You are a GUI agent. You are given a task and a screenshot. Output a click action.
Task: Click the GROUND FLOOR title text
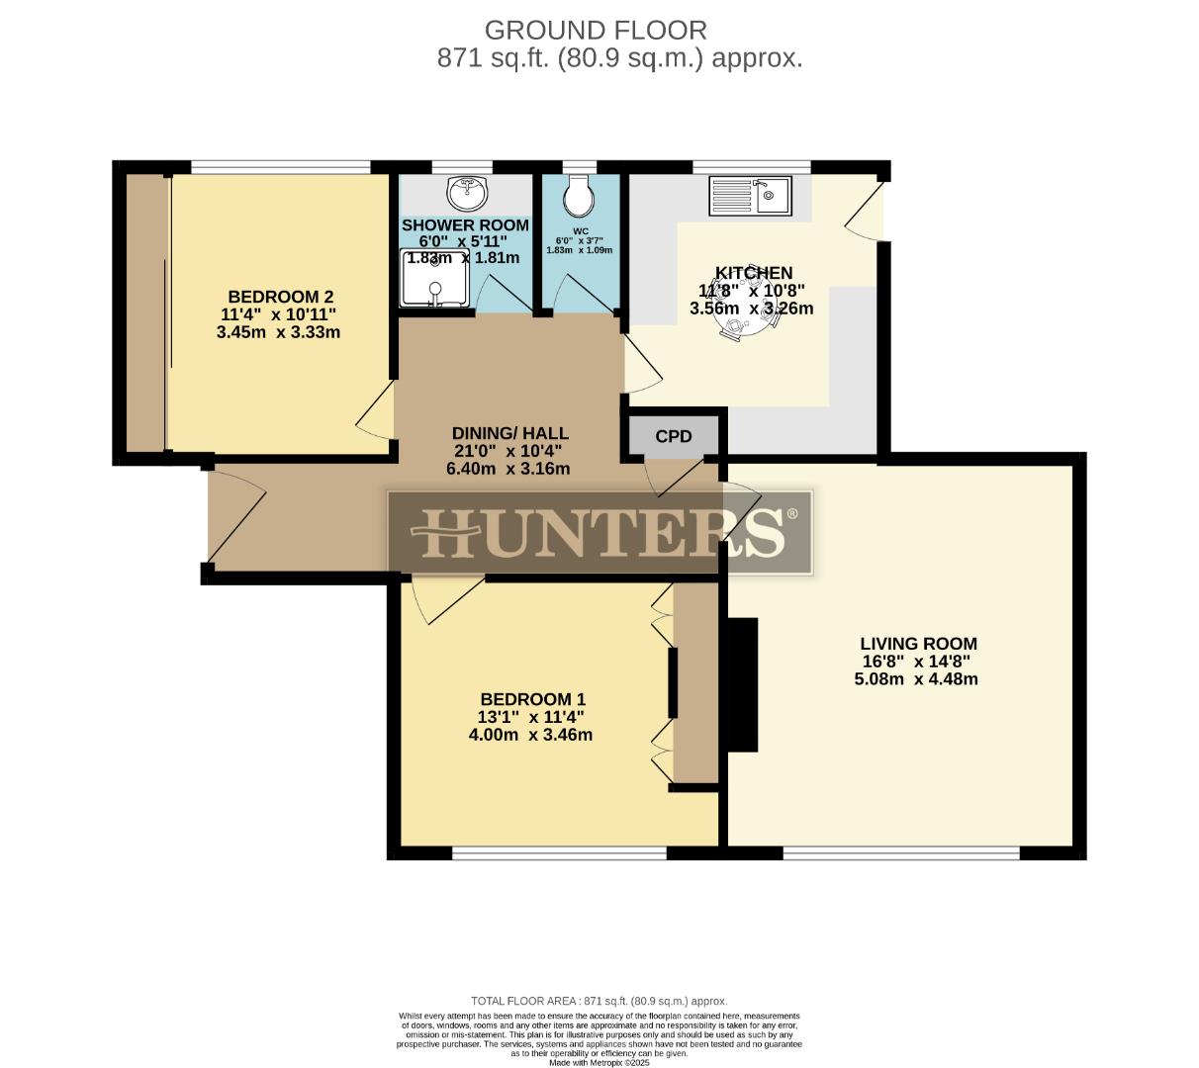[x=596, y=30]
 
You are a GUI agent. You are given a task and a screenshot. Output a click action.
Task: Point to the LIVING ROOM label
[x=918, y=644]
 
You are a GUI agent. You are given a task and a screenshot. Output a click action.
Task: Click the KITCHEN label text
[x=754, y=273]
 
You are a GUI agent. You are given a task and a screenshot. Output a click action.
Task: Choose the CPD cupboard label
[x=674, y=436]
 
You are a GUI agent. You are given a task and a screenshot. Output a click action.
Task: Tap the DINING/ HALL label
[x=509, y=433]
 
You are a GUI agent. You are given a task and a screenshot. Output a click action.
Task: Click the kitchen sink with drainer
[x=749, y=196]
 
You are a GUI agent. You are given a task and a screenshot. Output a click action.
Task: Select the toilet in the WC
[x=578, y=196]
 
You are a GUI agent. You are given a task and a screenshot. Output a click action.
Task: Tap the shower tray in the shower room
[x=435, y=278]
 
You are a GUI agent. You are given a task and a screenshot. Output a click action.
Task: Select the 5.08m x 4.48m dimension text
[x=916, y=679]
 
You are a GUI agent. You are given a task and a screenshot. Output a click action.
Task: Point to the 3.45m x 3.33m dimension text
[x=278, y=332]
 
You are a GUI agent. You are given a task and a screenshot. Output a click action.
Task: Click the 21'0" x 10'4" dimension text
[x=508, y=451]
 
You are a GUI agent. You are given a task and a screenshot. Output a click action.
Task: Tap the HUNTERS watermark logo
[x=599, y=532]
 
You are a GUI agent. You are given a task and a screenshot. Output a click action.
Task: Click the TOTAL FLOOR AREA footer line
[x=599, y=1001]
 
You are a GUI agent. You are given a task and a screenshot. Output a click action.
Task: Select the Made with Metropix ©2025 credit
[x=599, y=1063]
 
